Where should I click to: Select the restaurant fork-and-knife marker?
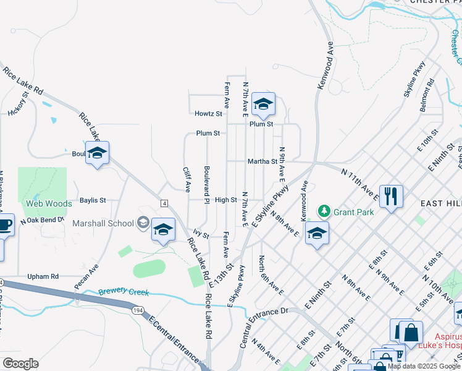[x=391, y=197]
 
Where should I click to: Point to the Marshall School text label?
[x=103, y=223]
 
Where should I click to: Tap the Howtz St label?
[x=208, y=114]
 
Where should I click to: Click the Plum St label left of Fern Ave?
[x=208, y=133]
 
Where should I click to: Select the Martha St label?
[x=262, y=161]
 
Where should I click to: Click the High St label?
[x=226, y=200]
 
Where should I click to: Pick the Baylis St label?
[x=93, y=200]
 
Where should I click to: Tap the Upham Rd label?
[x=43, y=276]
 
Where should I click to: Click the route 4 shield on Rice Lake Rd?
[x=164, y=203]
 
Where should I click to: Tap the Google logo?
[x=20, y=364]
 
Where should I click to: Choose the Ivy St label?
[x=201, y=235]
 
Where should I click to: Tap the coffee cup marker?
[x=4, y=224]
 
